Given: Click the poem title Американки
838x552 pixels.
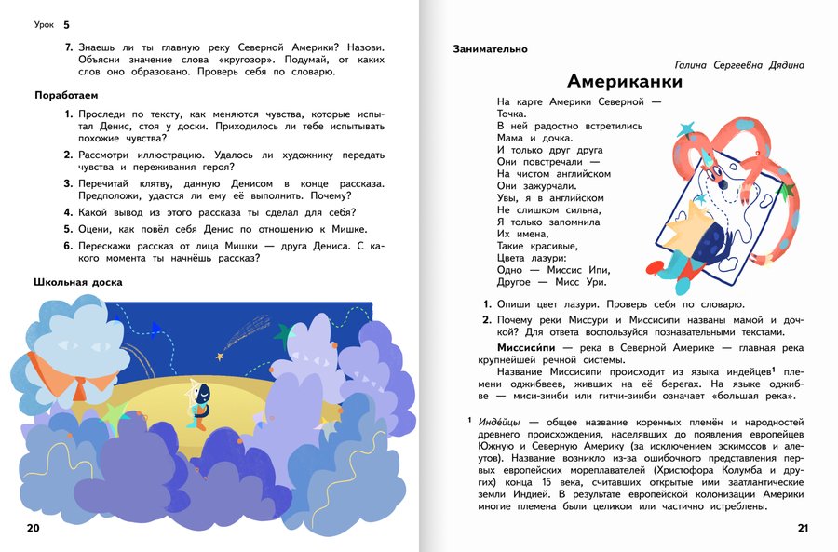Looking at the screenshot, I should pyautogui.click(x=625, y=81).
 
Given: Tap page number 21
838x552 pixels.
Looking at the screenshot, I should pyautogui.click(x=804, y=529).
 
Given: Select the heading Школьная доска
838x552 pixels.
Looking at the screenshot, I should pyautogui.click(x=78, y=281).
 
